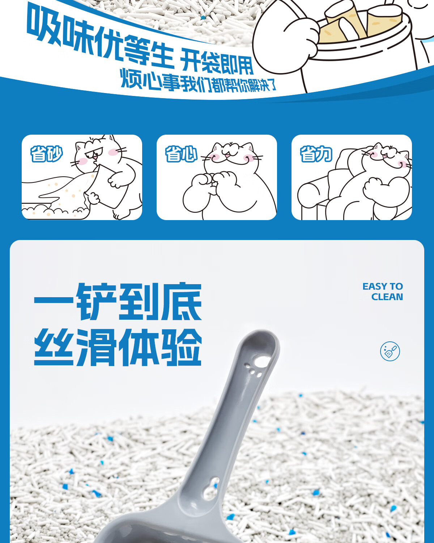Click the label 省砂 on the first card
tap(46, 153)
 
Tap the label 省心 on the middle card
tap(181, 153)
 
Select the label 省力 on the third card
tap(316, 153)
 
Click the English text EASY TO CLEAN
tap(383, 291)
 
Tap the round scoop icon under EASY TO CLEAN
tap(390, 351)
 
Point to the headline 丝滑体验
tap(118, 347)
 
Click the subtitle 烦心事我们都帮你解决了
tap(198, 81)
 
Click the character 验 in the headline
tap(182, 347)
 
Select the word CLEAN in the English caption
tap(387, 297)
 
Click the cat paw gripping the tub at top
tap(301, 38)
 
